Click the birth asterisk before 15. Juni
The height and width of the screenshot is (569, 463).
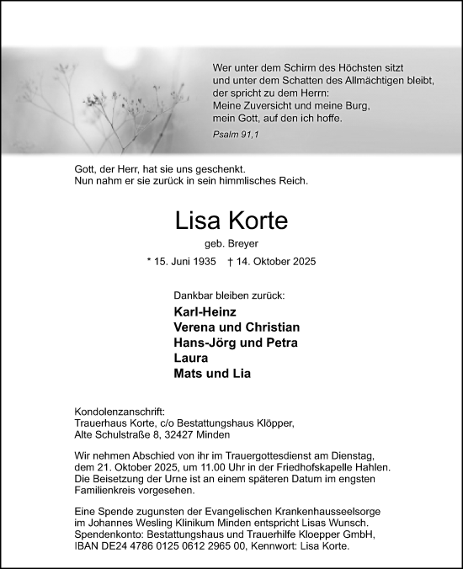[x=148, y=263]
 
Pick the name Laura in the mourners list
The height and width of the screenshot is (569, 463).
[x=189, y=358]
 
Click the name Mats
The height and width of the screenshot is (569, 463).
[x=188, y=373]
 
